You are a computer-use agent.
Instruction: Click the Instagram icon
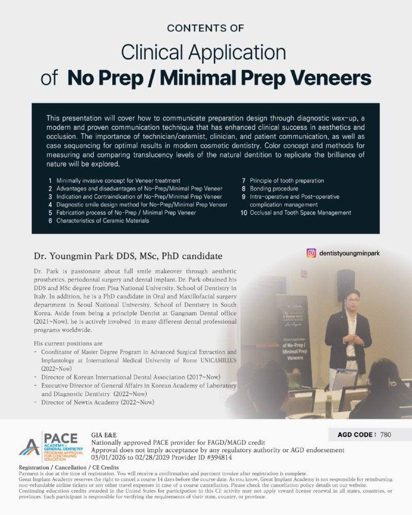[311, 253]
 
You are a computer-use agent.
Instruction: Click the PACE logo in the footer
[48, 447]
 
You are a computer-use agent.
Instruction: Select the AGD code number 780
[385, 435]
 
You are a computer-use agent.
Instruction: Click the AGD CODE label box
[356, 435]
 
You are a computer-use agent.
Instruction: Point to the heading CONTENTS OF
[205, 28]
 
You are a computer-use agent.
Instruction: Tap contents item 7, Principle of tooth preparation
[287, 181]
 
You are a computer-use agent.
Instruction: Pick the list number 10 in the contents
[244, 212]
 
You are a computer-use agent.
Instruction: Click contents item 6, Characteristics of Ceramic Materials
[102, 220]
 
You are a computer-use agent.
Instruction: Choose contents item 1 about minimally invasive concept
[118, 181]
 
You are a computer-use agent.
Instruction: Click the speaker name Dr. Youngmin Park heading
[128, 255]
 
